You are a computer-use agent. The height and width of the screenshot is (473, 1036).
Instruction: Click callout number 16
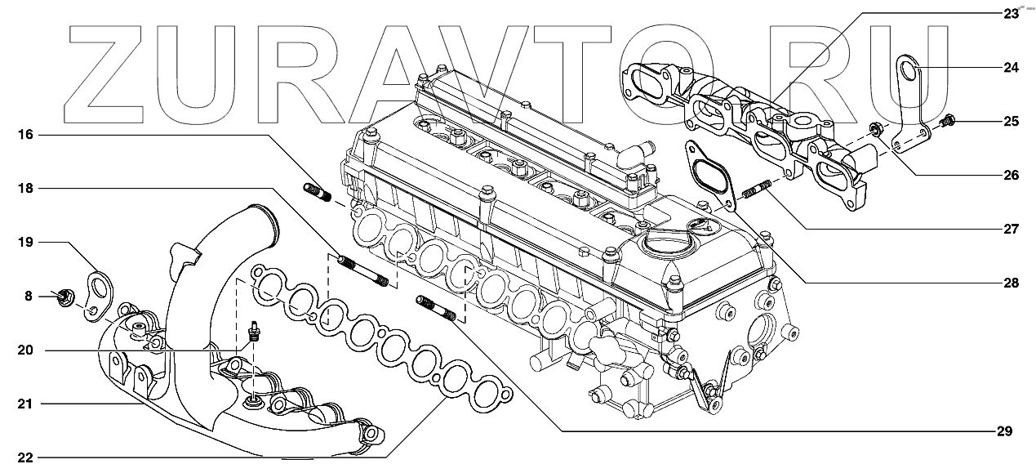(x=26, y=134)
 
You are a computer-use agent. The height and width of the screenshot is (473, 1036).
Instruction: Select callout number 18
(x=26, y=189)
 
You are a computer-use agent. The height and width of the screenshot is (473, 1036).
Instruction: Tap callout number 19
(x=26, y=243)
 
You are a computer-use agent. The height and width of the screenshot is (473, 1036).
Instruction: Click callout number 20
(x=26, y=350)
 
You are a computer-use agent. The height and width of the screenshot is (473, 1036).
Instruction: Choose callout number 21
(x=26, y=404)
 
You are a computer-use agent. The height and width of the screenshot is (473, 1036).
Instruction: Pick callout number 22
(x=26, y=457)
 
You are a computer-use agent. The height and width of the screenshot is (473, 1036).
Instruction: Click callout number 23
(x=1011, y=14)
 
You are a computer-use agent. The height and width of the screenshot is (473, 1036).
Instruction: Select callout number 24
(x=1011, y=68)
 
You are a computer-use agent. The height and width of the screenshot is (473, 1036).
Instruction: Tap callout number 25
(x=1011, y=122)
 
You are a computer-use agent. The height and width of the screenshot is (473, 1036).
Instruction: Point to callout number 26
(x=1011, y=176)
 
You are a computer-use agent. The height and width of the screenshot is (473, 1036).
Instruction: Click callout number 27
(x=1011, y=230)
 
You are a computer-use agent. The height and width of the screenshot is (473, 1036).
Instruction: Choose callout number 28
(x=1011, y=283)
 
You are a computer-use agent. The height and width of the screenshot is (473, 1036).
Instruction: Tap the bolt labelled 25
(x=948, y=123)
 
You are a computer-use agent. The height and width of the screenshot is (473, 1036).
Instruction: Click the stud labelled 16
(x=315, y=194)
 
